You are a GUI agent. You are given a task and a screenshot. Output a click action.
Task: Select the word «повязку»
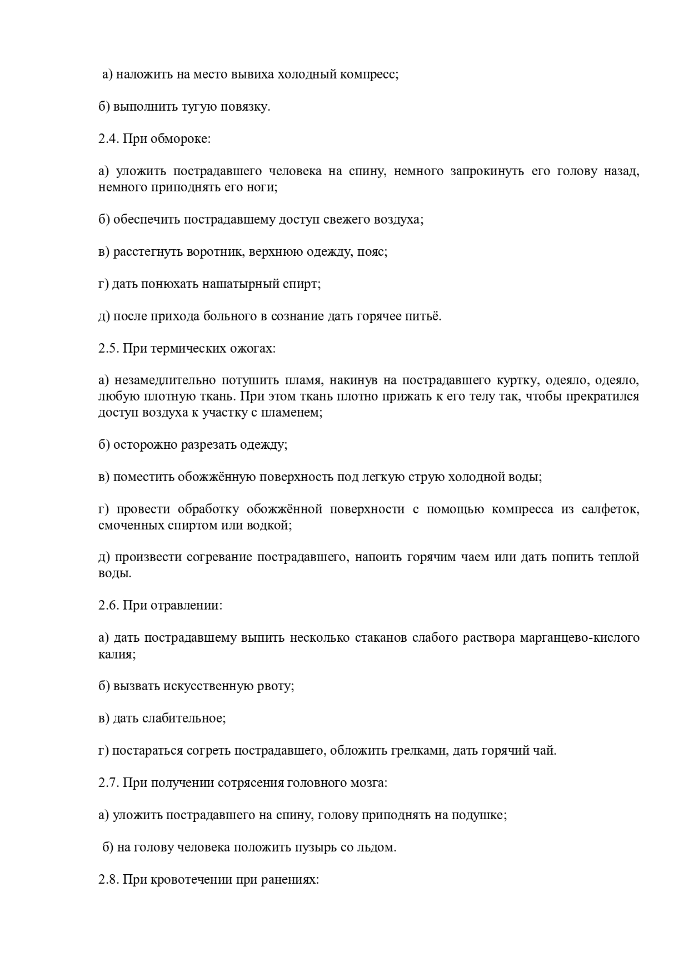(x=245, y=107)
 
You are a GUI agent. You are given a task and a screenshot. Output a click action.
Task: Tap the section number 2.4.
(x=108, y=139)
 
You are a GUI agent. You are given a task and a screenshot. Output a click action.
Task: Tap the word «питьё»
(x=422, y=316)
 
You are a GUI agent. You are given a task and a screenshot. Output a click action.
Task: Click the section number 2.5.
(x=108, y=349)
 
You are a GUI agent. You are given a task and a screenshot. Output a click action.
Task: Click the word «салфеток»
(x=611, y=510)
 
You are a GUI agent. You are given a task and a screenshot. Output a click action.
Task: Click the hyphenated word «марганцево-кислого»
(x=580, y=638)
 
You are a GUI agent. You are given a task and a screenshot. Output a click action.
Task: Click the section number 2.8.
(x=108, y=880)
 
